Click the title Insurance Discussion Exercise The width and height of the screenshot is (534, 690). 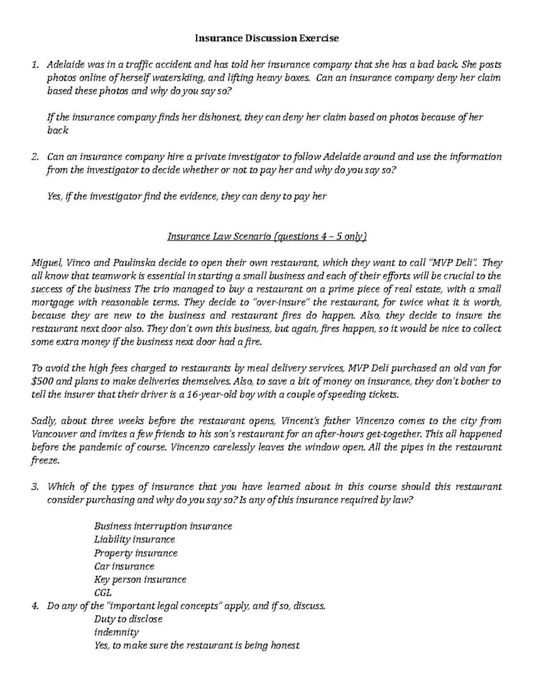tap(267, 38)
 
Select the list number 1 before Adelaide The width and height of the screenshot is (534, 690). tap(36, 65)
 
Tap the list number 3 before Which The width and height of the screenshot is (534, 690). tap(36, 487)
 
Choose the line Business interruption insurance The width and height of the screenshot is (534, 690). tap(163, 526)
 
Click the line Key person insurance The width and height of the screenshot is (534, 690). tap(140, 579)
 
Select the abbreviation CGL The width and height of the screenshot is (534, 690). tap(103, 593)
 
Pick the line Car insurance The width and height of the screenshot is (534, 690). tap(124, 566)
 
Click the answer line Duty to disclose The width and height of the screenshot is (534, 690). tap(128, 619)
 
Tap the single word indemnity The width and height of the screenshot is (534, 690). tap(116, 632)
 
